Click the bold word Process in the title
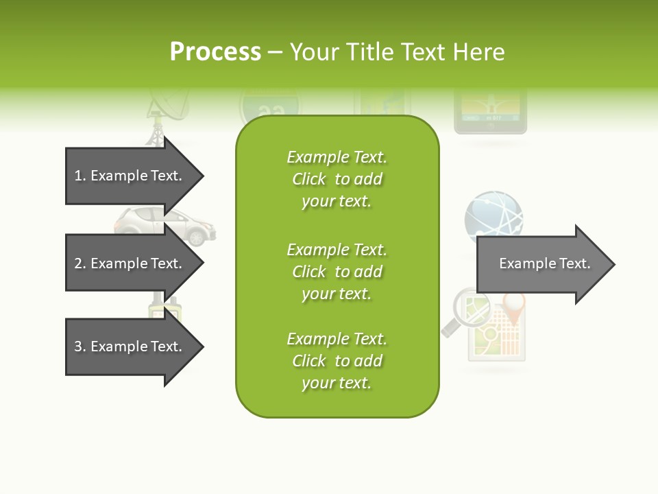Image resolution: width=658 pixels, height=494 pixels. tap(215, 52)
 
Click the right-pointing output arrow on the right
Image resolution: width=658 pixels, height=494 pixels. tap(545, 264)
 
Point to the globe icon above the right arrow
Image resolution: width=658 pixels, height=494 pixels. tap(493, 215)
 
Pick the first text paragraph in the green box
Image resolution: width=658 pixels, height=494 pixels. tap(337, 179)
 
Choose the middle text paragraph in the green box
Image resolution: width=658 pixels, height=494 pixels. tap(337, 271)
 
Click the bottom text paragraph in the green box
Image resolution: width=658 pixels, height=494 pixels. tap(337, 361)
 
